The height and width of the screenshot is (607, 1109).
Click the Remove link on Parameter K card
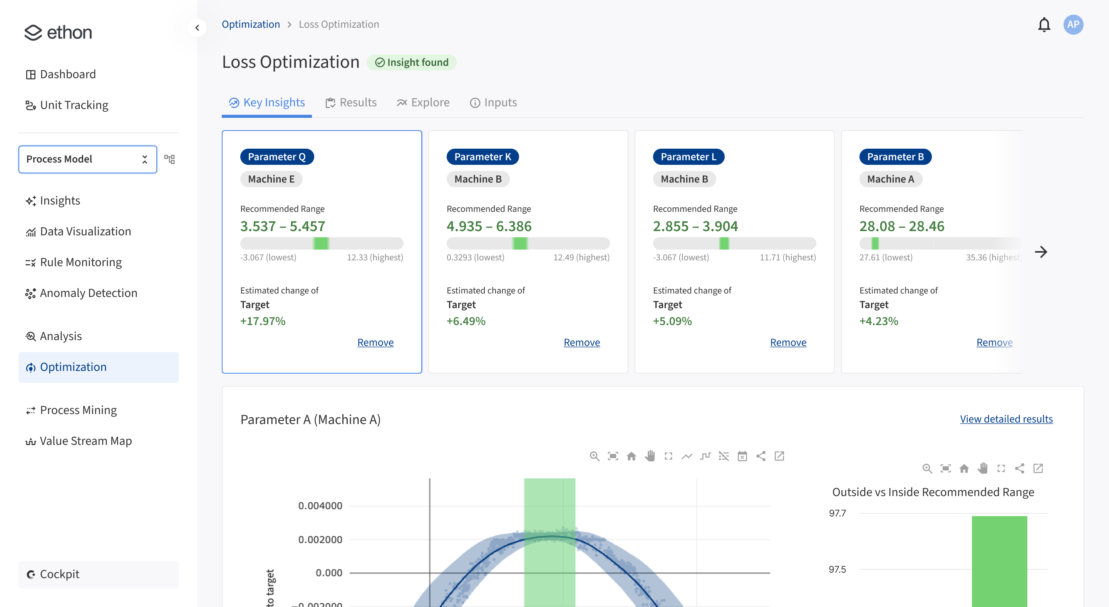[581, 342]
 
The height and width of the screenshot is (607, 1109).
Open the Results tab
[351, 102]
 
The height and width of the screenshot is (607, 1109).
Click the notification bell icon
[1044, 25]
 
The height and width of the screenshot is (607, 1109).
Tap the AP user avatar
[1073, 25]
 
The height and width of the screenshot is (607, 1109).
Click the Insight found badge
[412, 62]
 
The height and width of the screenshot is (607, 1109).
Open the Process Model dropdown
[87, 159]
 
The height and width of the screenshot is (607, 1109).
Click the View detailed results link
[1006, 419]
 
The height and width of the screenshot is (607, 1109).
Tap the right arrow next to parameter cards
[1040, 252]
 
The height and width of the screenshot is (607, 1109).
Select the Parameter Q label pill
[277, 157]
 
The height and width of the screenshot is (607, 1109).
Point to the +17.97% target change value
[263, 321]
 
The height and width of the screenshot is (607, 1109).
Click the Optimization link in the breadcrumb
[251, 25]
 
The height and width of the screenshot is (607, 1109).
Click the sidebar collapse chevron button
[197, 28]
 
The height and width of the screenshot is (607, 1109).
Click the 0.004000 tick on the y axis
[320, 505]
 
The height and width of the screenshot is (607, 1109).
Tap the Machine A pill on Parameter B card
[890, 179]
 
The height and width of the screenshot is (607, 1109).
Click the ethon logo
[58, 32]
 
